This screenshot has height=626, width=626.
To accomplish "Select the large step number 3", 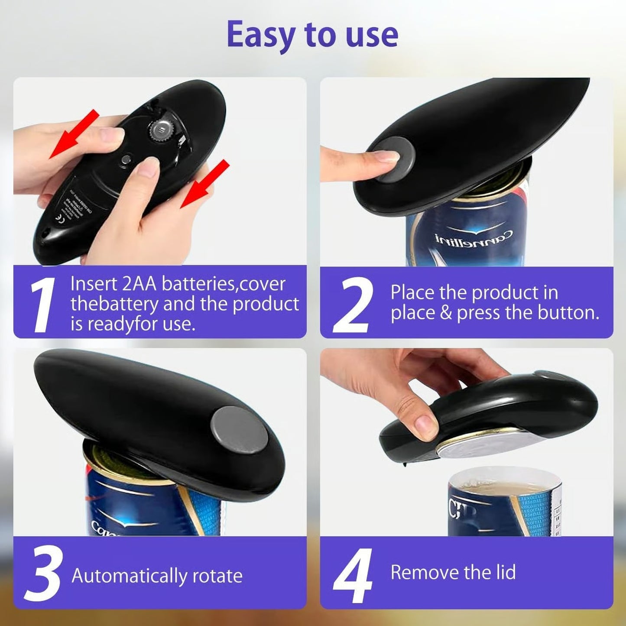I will click(x=43, y=574).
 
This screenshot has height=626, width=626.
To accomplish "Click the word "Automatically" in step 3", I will click(x=129, y=576).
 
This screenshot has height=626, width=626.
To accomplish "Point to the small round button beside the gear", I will click(x=126, y=159).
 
